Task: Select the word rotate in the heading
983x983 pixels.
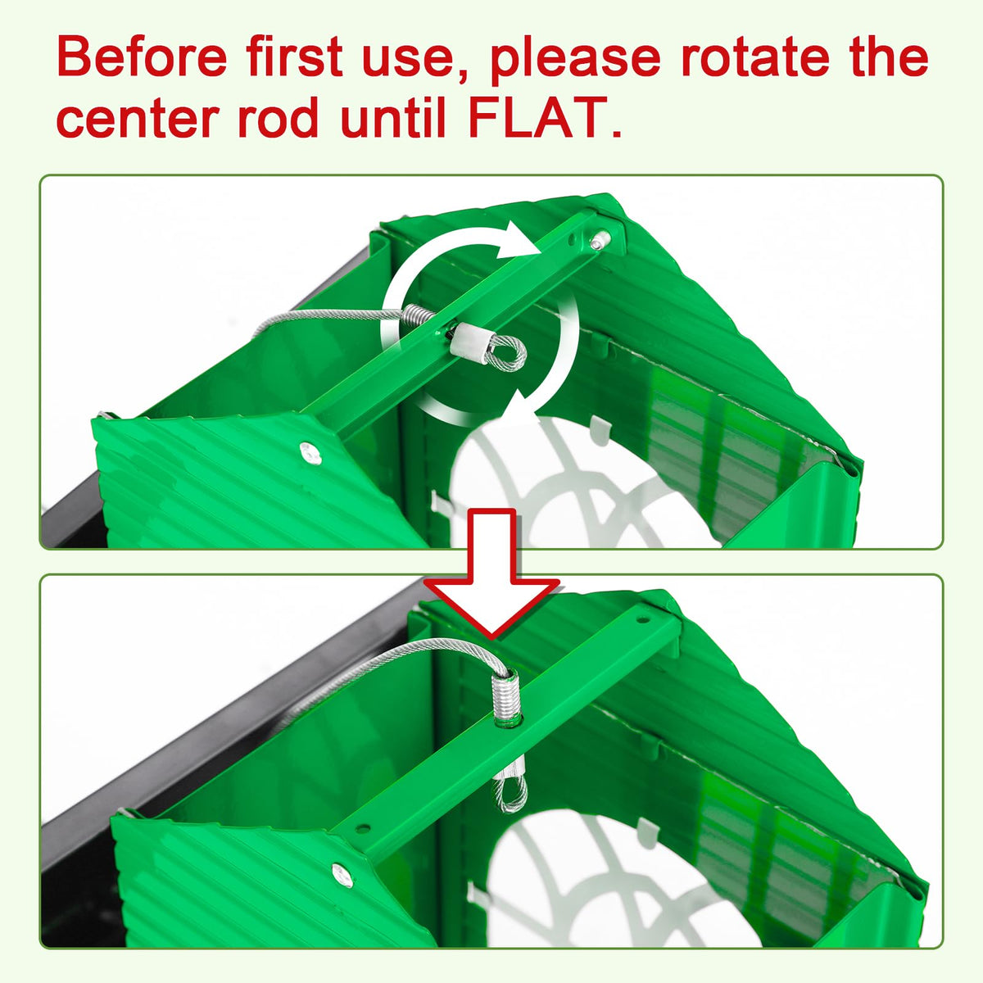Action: pos(755,57)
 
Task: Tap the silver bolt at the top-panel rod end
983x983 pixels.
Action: pos(600,240)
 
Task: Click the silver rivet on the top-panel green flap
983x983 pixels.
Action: pos(310,453)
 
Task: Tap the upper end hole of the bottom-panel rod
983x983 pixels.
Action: pos(643,621)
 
